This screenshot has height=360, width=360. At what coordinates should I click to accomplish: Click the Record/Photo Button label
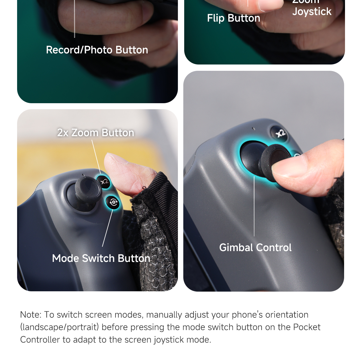pyautogui.click(x=97, y=50)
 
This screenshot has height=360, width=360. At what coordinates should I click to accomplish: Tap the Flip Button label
pyautogui.click(x=233, y=18)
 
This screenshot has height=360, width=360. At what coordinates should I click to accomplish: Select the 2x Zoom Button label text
pyautogui.click(x=95, y=133)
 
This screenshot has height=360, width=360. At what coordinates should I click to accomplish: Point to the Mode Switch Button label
pyautogui.click(x=101, y=258)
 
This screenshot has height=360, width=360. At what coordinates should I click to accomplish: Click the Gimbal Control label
pyautogui.click(x=255, y=247)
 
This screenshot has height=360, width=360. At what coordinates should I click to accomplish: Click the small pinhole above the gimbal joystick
pyautogui.click(x=253, y=129)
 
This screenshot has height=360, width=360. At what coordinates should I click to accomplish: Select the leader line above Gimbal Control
pyautogui.click(x=254, y=207)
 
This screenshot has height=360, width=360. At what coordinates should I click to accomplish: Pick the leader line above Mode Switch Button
pyautogui.click(x=107, y=228)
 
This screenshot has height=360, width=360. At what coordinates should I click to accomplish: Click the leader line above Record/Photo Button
pyautogui.click(x=74, y=18)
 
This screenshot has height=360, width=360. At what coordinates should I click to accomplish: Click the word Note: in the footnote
pyautogui.click(x=31, y=315)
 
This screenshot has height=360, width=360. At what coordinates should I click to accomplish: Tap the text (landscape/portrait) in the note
pyautogui.click(x=59, y=327)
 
